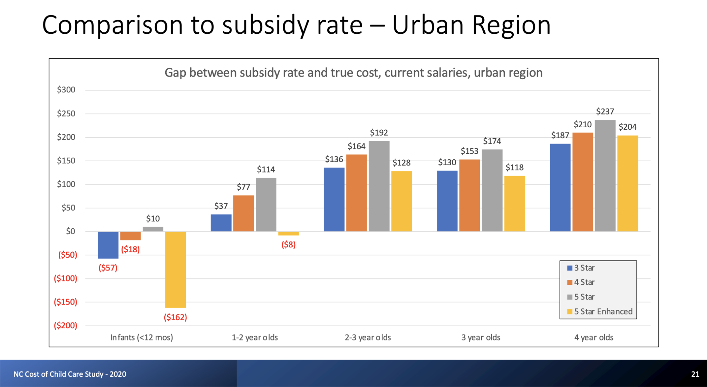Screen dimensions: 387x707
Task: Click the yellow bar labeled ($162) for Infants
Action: point(175,269)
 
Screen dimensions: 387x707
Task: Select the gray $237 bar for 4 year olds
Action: point(605,176)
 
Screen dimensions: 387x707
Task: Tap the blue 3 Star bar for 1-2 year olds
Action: point(221,223)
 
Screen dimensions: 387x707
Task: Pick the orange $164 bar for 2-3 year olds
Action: point(356,193)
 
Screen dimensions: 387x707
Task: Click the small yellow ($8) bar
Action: point(288,234)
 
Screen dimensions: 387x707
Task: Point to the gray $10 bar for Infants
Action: point(153,229)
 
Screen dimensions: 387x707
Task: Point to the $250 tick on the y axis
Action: point(66,113)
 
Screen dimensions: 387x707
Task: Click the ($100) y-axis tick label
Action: point(65,278)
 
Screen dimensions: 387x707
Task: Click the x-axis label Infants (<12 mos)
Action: point(142,337)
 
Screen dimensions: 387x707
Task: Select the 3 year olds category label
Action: point(481,337)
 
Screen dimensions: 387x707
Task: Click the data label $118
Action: point(514,168)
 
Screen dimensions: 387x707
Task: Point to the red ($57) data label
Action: point(108,268)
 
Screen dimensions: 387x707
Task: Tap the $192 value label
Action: point(379,133)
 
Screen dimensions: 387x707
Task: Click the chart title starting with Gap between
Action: point(353,73)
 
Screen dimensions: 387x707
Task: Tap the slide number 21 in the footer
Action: point(695,374)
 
